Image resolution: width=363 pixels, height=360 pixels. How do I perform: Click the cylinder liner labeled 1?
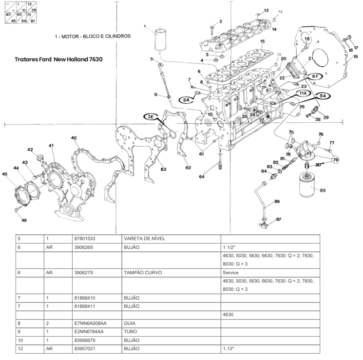click(x=161, y=39)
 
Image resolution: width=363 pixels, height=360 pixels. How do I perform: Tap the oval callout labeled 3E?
click(x=151, y=116)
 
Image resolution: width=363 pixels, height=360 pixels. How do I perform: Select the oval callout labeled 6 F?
click(x=315, y=76)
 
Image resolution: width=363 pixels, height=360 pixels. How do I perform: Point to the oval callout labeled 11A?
click(x=303, y=93)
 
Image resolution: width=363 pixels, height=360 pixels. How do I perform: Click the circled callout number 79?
click(x=335, y=160)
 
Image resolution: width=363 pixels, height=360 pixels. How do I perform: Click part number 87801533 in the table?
click(x=84, y=239)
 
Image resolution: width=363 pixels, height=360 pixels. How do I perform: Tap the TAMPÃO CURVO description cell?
click(x=143, y=273)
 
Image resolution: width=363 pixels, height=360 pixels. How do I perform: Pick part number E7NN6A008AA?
click(x=90, y=322)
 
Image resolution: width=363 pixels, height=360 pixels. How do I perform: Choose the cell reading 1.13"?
click(x=229, y=349)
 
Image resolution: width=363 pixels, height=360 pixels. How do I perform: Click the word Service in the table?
click(x=230, y=273)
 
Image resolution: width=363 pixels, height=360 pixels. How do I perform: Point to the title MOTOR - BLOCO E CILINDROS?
click(x=93, y=36)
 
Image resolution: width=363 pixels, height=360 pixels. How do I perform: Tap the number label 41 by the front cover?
click(x=51, y=146)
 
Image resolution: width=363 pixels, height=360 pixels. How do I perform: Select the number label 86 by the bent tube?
click(x=277, y=201)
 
